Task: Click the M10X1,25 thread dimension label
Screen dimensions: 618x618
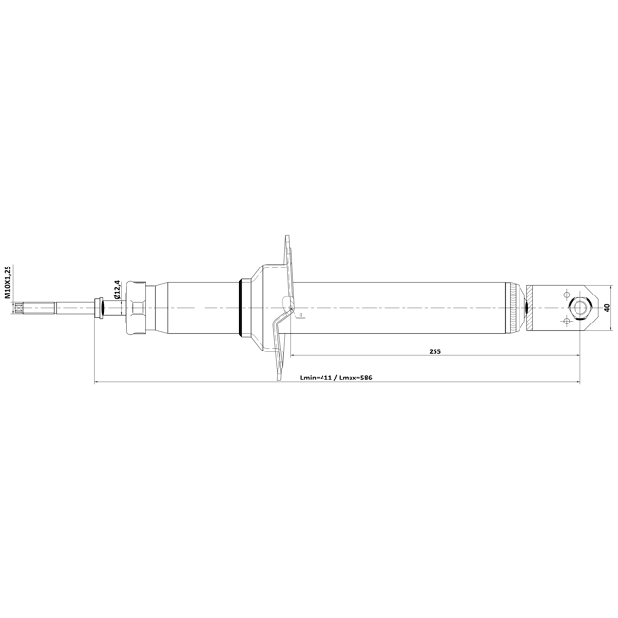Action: click(x=7, y=282)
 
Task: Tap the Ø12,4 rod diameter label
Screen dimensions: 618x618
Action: click(x=116, y=290)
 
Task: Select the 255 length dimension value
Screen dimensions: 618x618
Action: click(x=435, y=351)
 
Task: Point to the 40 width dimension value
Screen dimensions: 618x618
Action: click(x=607, y=307)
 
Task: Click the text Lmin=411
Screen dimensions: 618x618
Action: click(x=316, y=378)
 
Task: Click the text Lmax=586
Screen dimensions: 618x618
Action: click(x=355, y=378)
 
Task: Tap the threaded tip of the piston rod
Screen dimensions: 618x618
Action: click(x=19, y=307)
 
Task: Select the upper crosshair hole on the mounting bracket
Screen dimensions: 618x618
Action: click(x=567, y=295)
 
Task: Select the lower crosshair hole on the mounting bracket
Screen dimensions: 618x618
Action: click(x=567, y=321)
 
